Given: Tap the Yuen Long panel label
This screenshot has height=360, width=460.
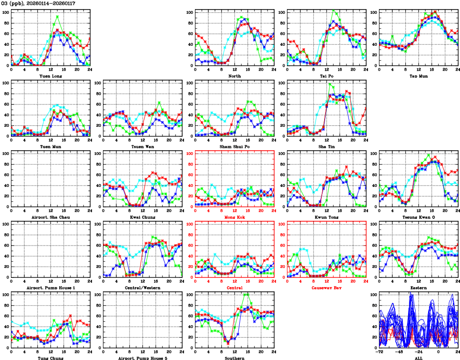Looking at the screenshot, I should click(x=50, y=76).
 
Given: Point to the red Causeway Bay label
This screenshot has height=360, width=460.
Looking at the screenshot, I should click(x=326, y=288).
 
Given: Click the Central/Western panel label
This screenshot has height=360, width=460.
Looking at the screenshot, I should click(x=142, y=288).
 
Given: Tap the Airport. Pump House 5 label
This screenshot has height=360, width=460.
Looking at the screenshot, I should click(x=142, y=358).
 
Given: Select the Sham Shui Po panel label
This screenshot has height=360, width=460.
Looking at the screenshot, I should click(x=234, y=146).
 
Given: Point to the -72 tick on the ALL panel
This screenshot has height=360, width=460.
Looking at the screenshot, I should click(x=380, y=352).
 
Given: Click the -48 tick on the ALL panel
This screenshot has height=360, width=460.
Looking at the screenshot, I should click(x=399, y=352).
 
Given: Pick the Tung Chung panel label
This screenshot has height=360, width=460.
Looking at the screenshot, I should click(x=50, y=358).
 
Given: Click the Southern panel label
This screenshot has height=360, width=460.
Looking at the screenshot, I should click(x=234, y=358).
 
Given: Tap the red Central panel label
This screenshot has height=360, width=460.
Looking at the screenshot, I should click(x=234, y=288).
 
